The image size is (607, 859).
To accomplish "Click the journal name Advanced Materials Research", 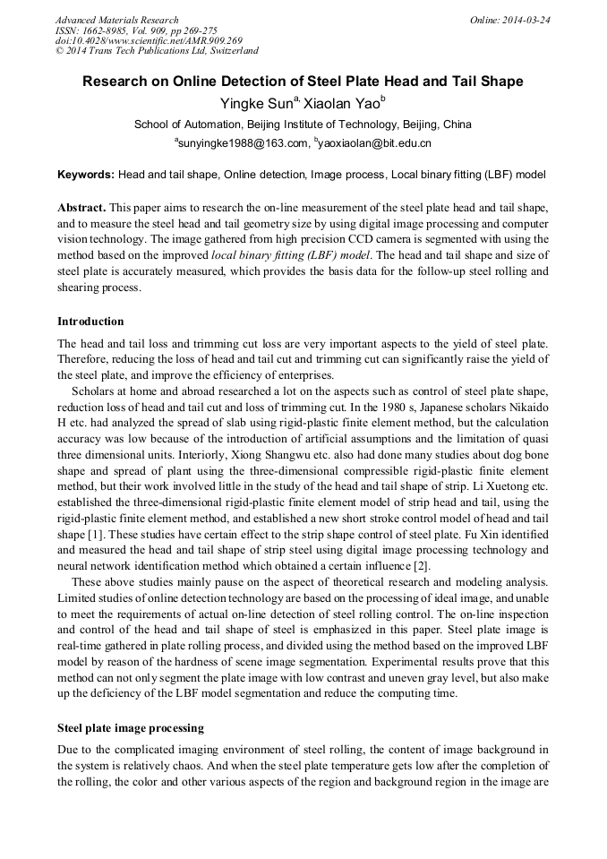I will [x=116, y=20].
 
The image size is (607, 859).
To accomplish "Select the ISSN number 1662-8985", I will [x=109, y=30].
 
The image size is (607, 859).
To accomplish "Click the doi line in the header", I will [x=149, y=40].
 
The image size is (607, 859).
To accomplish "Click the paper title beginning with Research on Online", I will [x=303, y=82].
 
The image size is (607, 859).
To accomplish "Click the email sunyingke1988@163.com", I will [x=241, y=142].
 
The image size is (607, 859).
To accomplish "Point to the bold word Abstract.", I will [x=81, y=206].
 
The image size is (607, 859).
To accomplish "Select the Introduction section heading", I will [x=90, y=321].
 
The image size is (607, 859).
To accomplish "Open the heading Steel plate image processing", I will [x=131, y=727].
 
